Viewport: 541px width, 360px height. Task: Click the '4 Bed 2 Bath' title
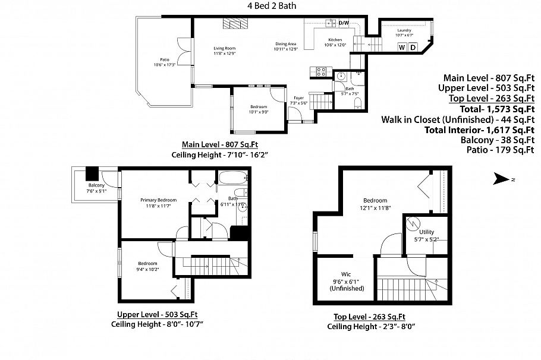[272, 6]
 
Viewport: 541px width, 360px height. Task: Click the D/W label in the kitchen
[344, 23]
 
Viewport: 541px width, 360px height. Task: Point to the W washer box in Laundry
[402, 48]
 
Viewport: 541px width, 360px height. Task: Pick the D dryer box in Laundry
[413, 48]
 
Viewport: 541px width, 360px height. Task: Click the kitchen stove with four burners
[322, 72]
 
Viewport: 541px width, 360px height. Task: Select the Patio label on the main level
[164, 59]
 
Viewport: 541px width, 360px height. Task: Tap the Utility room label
[427, 232]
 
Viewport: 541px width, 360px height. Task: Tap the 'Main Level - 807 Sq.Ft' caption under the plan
[219, 144]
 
